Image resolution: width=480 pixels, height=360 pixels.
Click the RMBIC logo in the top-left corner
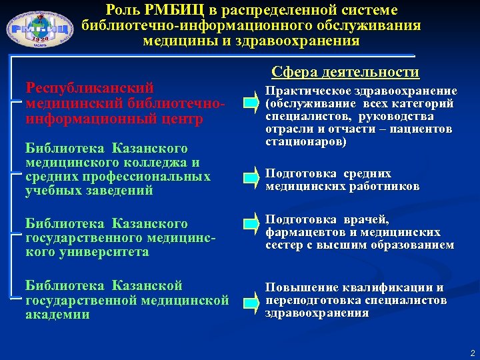[x=40, y=29]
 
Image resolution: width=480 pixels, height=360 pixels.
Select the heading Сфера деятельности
[x=345, y=72]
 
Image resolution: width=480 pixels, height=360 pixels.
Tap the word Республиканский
[x=89, y=88]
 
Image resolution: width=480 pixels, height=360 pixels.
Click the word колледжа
[x=157, y=162]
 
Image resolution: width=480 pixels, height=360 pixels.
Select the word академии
[x=57, y=315]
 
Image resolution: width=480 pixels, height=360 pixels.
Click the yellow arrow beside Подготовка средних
[x=251, y=175]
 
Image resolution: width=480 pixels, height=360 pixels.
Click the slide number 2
[x=471, y=352]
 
